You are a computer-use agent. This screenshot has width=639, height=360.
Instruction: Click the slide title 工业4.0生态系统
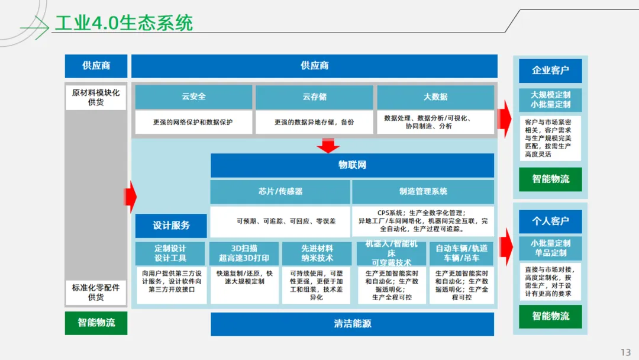click(x=124, y=23)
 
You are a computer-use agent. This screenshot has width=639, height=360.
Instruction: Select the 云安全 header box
click(x=193, y=97)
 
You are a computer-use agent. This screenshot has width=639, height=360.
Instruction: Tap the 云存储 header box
click(x=314, y=97)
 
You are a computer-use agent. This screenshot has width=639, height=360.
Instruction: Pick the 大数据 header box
click(x=435, y=97)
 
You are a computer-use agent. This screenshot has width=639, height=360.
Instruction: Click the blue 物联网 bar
click(x=352, y=165)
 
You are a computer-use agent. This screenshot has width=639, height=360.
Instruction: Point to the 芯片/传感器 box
click(x=280, y=191)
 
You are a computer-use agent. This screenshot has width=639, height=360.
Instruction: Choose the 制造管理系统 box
click(x=423, y=191)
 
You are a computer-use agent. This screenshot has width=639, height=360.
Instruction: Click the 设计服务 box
click(x=171, y=226)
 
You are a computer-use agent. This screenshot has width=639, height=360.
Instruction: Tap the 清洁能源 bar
click(x=352, y=324)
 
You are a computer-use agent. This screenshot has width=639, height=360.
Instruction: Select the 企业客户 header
click(x=550, y=70)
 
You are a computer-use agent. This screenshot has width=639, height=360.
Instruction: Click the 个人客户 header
click(x=550, y=221)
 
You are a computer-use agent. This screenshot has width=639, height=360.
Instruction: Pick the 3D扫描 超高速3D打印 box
click(x=244, y=253)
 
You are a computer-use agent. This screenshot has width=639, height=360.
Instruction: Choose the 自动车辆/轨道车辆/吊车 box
click(x=461, y=253)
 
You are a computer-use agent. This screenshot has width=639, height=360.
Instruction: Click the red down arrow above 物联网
click(x=328, y=145)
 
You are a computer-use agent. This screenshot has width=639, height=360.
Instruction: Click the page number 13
click(x=625, y=352)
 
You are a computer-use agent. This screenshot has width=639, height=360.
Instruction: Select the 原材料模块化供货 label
click(x=96, y=98)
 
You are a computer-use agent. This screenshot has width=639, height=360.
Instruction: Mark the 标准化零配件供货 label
click(x=96, y=292)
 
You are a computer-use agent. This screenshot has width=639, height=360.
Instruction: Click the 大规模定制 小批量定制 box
click(x=550, y=99)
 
